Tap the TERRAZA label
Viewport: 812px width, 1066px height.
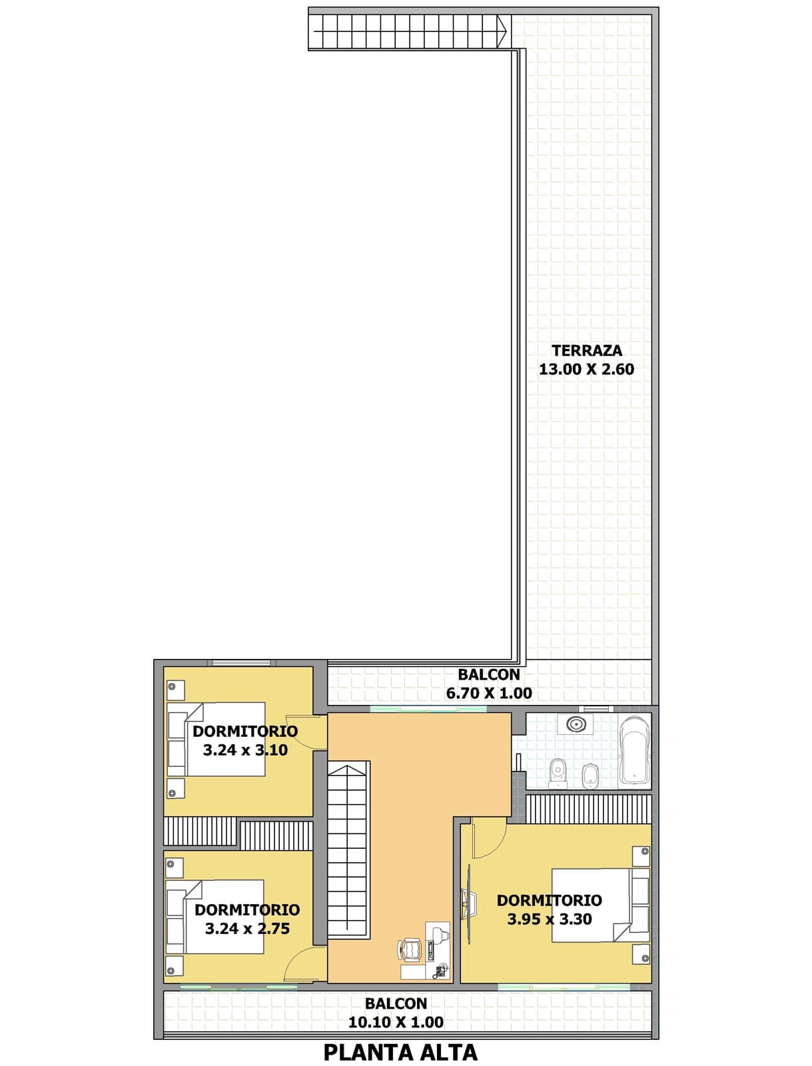click(x=586, y=350)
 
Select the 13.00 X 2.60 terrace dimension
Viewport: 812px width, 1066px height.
click(x=586, y=369)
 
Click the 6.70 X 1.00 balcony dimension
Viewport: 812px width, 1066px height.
click(x=489, y=693)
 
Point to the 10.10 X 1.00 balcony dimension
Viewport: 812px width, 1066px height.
click(x=396, y=1022)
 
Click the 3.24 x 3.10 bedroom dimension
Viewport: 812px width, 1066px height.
click(x=245, y=750)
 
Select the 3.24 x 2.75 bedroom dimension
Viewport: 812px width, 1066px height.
click(x=247, y=929)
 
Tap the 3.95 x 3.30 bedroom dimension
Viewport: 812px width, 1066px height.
click(x=550, y=919)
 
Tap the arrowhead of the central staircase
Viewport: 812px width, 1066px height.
click(x=348, y=769)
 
